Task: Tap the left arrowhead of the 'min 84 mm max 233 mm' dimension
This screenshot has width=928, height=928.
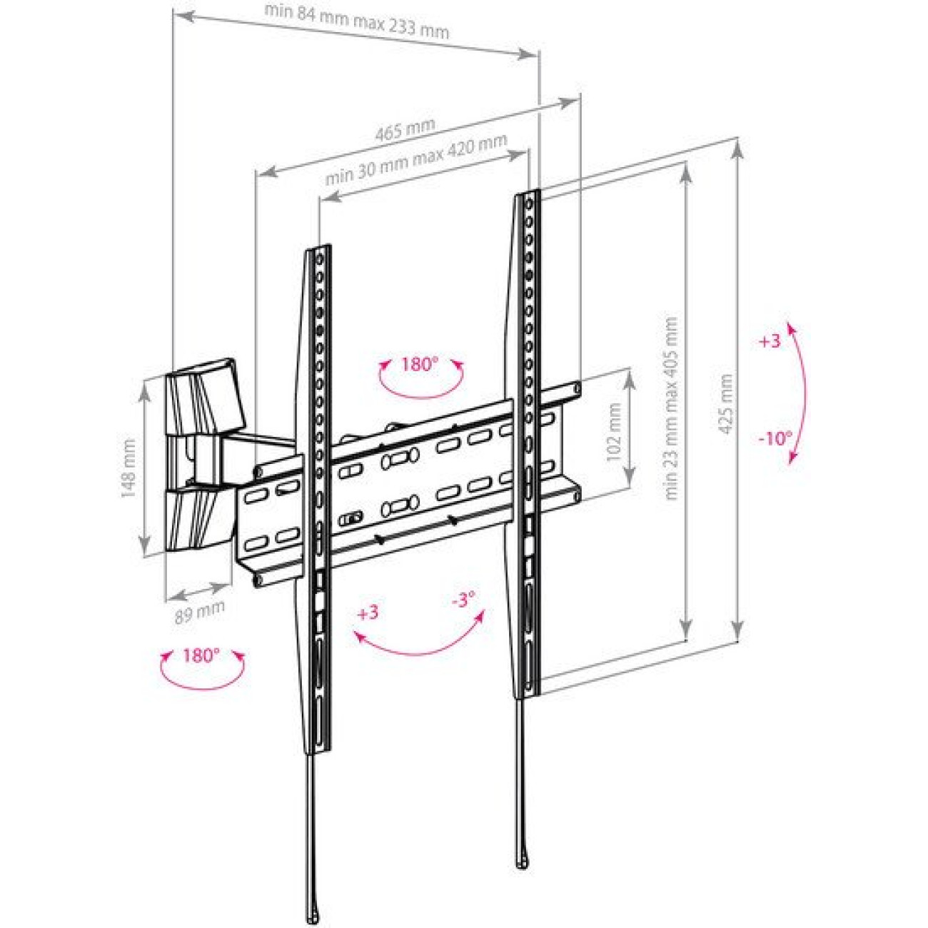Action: pos(184,17)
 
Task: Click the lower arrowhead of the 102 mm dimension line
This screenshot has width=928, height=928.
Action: pos(630,479)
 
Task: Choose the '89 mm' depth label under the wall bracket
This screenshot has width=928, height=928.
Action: pos(200,612)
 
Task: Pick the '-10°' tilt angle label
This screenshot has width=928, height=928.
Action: pos(775,438)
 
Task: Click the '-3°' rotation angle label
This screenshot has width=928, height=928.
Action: pos(463,600)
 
